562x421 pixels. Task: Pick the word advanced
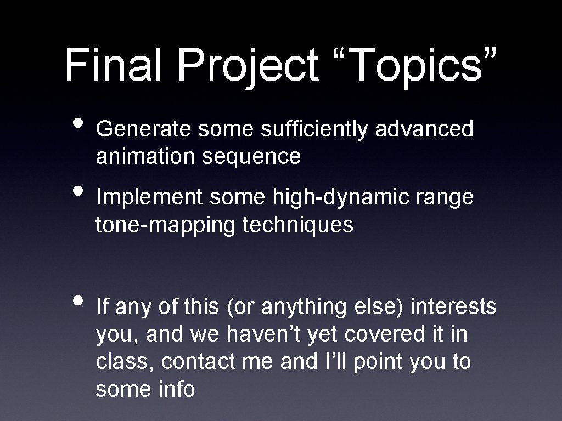pos(424,129)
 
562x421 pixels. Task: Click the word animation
pos(144,157)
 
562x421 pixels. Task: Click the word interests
pos(453,308)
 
